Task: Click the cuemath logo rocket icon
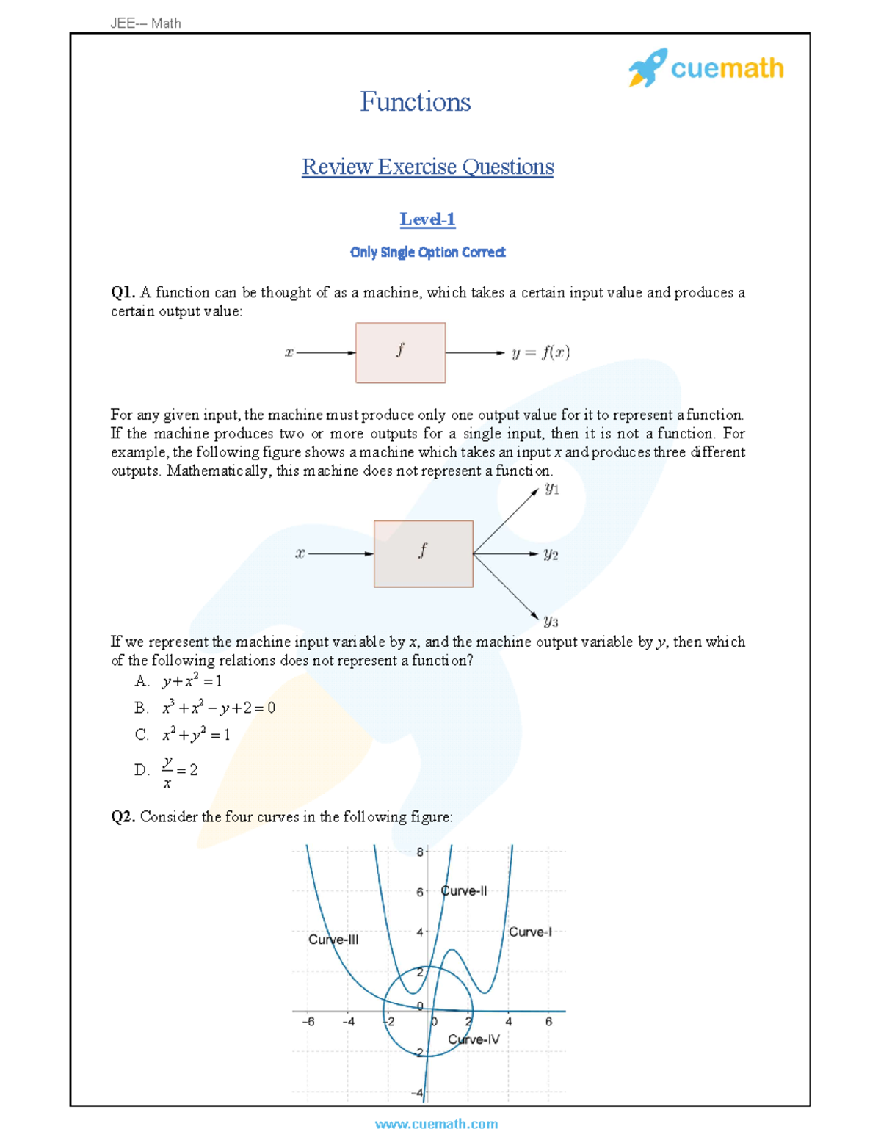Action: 648,68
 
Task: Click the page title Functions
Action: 415,102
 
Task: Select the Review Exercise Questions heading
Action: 427,167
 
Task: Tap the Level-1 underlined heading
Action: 427,219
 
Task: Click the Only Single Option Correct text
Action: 427,253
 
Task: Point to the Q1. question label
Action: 123,293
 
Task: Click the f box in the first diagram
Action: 400,353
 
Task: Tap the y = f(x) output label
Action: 540,353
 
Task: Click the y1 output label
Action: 552,490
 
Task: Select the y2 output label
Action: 551,555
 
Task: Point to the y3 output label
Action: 551,622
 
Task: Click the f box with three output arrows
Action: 423,554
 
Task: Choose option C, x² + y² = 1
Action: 195,735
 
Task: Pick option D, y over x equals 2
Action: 178,770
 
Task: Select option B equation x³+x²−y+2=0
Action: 218,708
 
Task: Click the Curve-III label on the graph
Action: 333,940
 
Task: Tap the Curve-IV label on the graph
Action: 474,1039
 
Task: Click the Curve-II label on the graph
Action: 463,891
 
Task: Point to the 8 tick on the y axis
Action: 420,852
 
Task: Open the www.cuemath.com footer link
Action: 436,1124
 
